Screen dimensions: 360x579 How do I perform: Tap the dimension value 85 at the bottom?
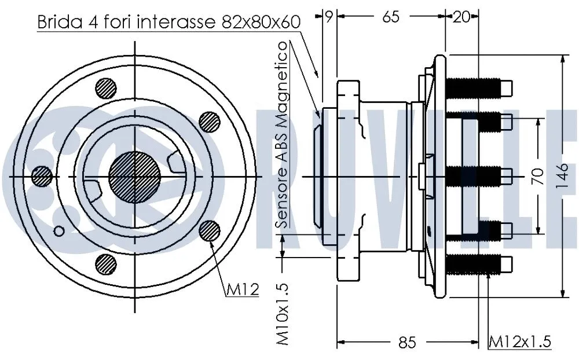pos(407,343)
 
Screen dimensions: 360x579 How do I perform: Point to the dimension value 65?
pos(391,17)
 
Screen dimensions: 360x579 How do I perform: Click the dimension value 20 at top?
pos(461,17)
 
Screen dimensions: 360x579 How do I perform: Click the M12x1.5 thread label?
pos(519,341)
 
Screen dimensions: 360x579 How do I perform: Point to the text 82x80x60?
pos(261,22)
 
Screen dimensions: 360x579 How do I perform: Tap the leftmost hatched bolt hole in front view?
pos(41,175)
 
